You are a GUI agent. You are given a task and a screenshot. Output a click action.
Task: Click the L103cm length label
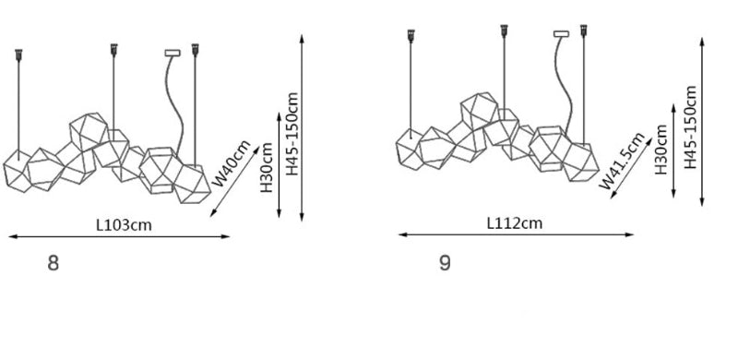pyautogui.click(x=125, y=224)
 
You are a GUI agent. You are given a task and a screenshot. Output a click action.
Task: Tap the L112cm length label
pyautogui.click(x=515, y=222)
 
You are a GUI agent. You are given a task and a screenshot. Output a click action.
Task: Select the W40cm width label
pyautogui.click(x=232, y=163)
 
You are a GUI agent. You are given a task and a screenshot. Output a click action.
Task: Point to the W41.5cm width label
pyautogui.click(x=622, y=162)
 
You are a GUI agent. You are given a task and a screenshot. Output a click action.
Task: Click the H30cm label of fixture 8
pyautogui.click(x=267, y=167)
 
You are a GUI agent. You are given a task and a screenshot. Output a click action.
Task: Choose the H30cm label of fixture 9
pyautogui.click(x=661, y=150)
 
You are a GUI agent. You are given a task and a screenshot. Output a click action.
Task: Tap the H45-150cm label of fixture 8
pyautogui.click(x=292, y=134)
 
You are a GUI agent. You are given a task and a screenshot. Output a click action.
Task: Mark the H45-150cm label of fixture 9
pyautogui.click(x=690, y=127)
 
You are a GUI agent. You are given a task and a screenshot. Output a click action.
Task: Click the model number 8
pyautogui.click(x=54, y=263)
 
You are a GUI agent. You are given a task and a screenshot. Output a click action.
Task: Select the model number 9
pyautogui.click(x=445, y=262)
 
